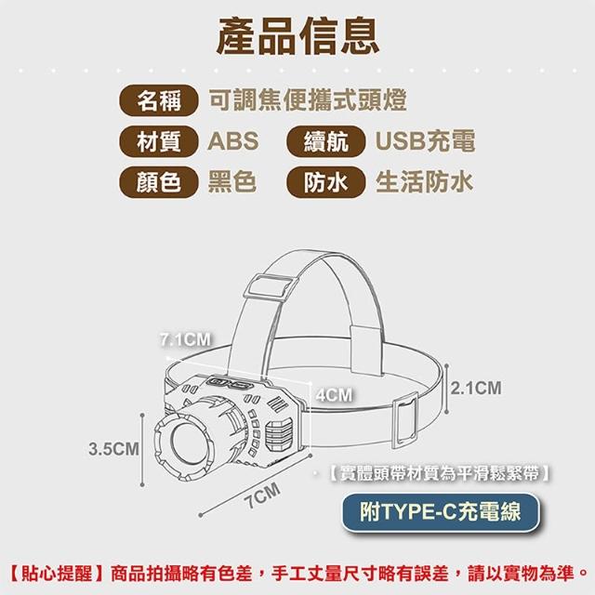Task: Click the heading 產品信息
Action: pos(297,37)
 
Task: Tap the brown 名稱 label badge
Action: pos(159,100)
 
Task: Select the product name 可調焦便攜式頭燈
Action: pos(308,100)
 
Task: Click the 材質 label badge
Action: pos(159,141)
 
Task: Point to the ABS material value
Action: pos(233,141)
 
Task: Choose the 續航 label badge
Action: pos(326,141)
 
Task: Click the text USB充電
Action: pos(426,141)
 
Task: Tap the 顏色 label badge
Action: pos(159,182)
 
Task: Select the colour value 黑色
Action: pos(232,182)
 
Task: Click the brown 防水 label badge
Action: pos(326,182)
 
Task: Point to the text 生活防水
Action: pos(425,182)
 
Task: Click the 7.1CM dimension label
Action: pos(186,339)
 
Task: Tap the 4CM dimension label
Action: pos(335,395)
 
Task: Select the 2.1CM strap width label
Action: pos(476,389)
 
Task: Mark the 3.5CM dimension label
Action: pos(113,449)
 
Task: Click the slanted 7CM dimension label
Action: pos(264,496)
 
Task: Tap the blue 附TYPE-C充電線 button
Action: pos(441,511)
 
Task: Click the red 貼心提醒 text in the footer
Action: pos(56,574)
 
